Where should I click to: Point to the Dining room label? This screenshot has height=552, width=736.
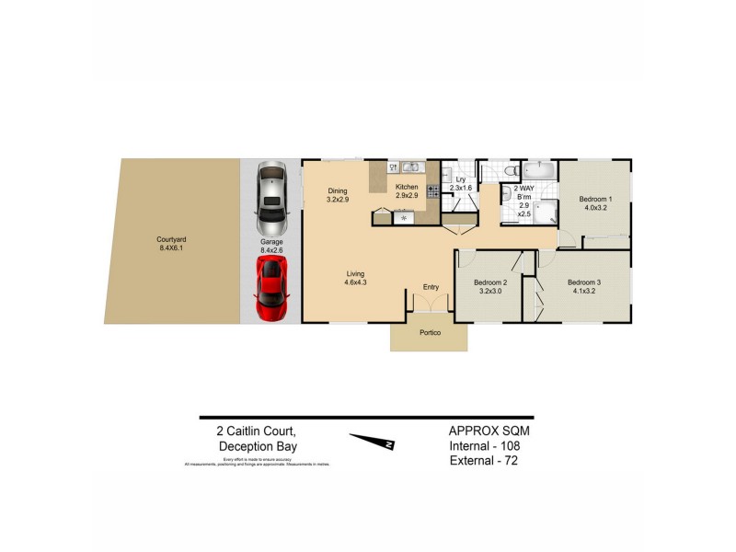338,191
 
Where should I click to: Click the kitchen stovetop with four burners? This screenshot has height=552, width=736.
432,192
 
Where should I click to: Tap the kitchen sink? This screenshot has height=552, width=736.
410,167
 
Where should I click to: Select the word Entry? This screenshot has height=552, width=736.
431,288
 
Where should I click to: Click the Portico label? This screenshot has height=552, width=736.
430,332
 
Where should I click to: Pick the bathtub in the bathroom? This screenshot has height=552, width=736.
536,169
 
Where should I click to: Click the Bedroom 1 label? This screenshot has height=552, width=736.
595,199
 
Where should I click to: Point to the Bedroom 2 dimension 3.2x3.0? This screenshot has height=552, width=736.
490,291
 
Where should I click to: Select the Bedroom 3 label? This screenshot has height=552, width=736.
584,282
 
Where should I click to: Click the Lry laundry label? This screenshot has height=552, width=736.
460,179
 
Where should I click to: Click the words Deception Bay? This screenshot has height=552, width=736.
258,447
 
